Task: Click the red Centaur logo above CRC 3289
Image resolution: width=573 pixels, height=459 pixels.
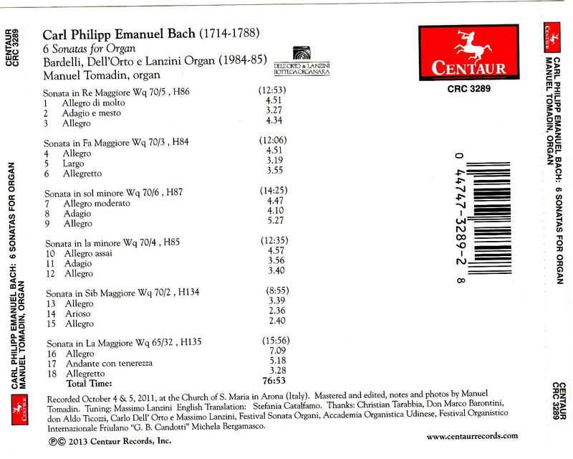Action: [468, 52]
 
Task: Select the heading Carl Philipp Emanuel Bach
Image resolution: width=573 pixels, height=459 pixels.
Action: [118, 33]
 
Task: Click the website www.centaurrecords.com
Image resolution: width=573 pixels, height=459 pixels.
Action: [472, 435]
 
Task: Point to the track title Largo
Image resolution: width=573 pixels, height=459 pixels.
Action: [73, 164]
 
